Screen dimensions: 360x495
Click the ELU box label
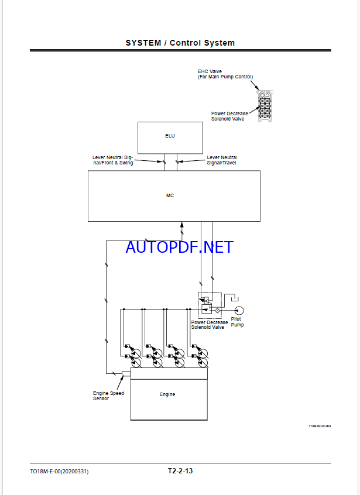[x=170, y=136]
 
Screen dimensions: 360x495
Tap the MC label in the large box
[x=170, y=196]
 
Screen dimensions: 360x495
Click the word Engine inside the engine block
[x=167, y=394]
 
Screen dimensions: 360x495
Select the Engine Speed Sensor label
[x=108, y=396]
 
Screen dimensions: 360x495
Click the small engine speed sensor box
[x=126, y=374]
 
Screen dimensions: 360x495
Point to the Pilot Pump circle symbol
[x=239, y=311]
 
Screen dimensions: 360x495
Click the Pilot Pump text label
[x=237, y=322]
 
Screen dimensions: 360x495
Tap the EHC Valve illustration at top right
[x=265, y=106]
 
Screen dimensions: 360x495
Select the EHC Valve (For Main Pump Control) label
[x=225, y=74]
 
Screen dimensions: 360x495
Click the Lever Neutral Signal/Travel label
[x=222, y=160]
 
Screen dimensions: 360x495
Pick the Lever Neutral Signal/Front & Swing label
[x=113, y=160]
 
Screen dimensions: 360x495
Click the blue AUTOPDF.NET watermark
[x=180, y=247]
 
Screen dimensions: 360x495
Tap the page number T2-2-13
[x=180, y=471]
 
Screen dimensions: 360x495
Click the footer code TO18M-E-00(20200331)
[x=59, y=472]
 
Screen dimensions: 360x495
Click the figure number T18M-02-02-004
[x=320, y=426]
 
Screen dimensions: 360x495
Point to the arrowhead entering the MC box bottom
[x=181, y=224]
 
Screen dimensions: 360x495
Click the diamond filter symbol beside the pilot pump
[x=217, y=311]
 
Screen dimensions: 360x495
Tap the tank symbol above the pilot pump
[x=235, y=298]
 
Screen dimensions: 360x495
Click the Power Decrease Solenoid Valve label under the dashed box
[x=210, y=325]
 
